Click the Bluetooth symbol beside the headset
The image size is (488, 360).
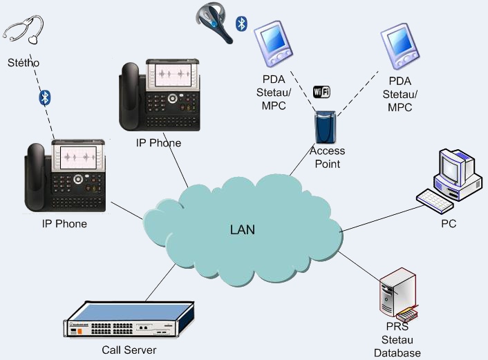click(x=241, y=24)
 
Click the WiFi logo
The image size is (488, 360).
click(x=322, y=92)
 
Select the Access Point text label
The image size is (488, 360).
click(x=328, y=158)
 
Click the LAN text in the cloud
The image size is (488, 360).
click(x=243, y=229)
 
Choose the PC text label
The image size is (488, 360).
click(x=449, y=224)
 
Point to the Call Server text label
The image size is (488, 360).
click(x=129, y=350)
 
